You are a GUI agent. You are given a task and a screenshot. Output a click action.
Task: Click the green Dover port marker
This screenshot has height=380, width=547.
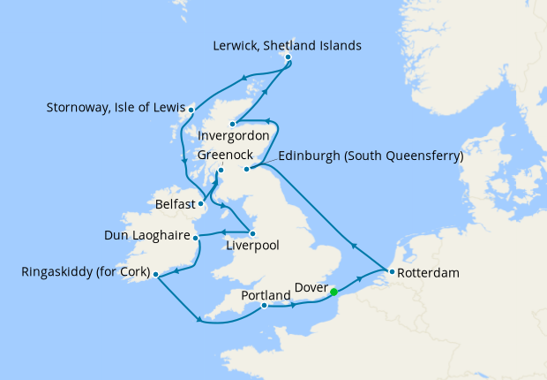point(333,292)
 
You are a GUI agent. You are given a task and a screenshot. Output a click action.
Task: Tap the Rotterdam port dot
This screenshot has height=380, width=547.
point(389,272)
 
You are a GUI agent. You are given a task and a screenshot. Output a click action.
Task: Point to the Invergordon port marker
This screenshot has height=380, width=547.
point(233,124)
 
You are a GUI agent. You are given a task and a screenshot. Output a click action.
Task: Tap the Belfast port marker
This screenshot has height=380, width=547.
point(201,203)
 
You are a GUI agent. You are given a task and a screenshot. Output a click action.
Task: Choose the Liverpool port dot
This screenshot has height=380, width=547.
point(253,232)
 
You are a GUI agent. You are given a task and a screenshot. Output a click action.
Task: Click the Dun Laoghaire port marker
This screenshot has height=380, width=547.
point(196,237)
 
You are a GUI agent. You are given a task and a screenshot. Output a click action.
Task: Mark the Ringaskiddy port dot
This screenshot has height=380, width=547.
point(156,275)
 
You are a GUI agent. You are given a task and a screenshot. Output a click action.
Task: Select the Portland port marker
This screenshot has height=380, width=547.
point(264,307)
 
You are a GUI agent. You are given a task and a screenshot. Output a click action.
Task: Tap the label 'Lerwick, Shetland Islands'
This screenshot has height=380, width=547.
point(288,45)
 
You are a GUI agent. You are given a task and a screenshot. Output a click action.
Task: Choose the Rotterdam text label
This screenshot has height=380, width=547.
point(429,273)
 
